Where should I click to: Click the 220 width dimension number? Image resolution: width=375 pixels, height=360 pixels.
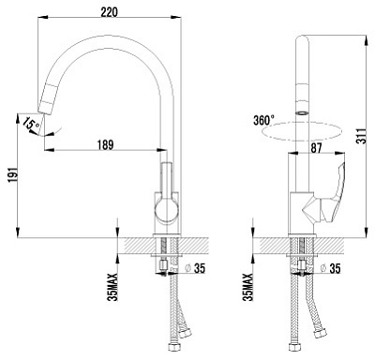pos(110,12)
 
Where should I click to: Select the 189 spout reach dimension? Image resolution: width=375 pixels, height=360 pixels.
pos(105,145)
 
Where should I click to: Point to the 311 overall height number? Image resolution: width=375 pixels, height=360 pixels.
pos(362,136)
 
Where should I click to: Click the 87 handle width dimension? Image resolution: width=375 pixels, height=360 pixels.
pos(316,148)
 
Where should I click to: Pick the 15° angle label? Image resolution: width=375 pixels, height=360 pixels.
pos(31,124)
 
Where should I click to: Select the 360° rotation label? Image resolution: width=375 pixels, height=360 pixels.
pos(263,120)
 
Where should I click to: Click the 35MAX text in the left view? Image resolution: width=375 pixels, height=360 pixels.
pos(112,287)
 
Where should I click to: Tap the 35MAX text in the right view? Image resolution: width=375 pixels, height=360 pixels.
pos(248,287)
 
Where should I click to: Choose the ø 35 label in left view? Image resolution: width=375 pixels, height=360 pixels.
pos(195,268)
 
